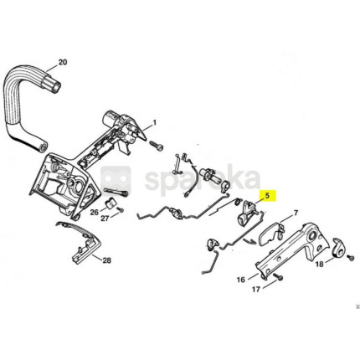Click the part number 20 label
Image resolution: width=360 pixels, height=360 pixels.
[63, 62]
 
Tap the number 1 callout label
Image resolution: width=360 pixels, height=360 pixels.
[154, 122]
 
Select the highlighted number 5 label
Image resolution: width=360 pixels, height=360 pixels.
[268, 195]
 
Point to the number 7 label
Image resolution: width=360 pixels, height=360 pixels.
[296, 213]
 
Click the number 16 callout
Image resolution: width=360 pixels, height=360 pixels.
[241, 279]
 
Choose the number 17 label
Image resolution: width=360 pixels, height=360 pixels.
[256, 290]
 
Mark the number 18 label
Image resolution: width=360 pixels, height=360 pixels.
[320, 264]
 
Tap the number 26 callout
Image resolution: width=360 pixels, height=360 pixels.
[95, 212]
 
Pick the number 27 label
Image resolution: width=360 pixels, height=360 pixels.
[105, 219]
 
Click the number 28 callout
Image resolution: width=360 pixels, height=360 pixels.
[106, 260]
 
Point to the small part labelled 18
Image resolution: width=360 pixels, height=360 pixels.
[339, 247]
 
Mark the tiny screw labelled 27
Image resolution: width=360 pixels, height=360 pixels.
[121, 210]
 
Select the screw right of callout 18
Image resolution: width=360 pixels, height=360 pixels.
[352, 258]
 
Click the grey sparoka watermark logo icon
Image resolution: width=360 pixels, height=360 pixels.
[116, 181]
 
